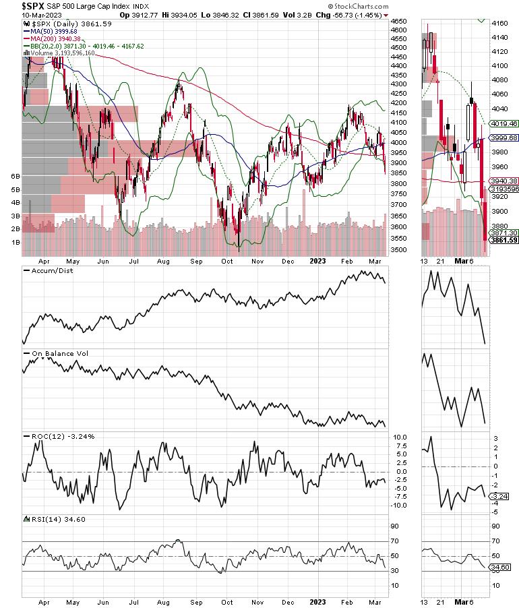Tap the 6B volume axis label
click(x=16, y=176)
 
